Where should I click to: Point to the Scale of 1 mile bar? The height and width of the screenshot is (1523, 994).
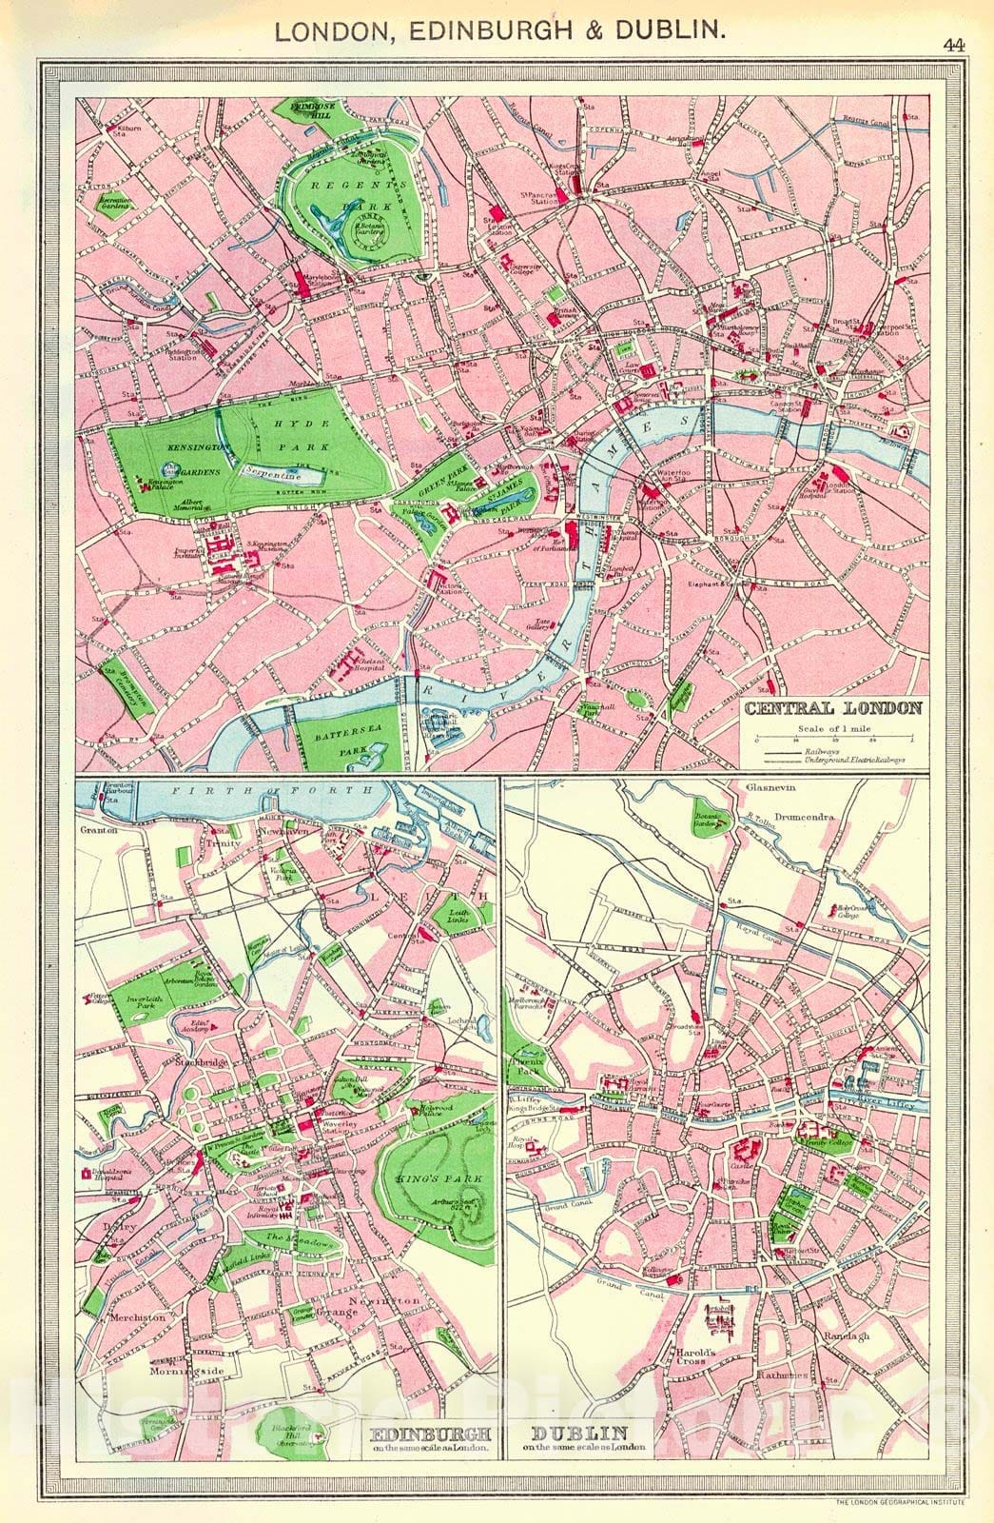click(833, 740)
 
